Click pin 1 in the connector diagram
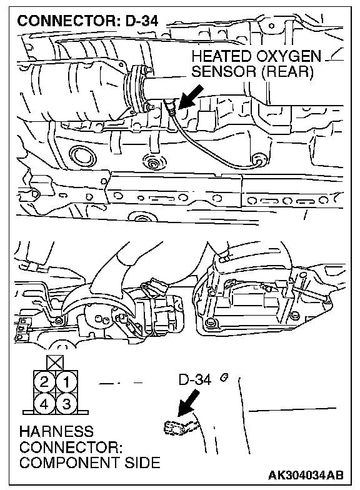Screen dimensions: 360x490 pos(66,381)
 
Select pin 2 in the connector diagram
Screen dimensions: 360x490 pos(44,381)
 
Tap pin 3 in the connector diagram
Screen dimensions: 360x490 pos(66,404)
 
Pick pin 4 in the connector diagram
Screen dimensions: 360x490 pos(44,404)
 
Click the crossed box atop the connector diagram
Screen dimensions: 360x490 pos(55,363)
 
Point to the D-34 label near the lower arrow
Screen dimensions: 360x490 pos(195,379)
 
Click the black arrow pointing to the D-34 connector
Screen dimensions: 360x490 pos(189,402)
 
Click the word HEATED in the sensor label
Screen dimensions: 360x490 pos(221,56)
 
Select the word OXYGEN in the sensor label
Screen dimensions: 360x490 pos(289,56)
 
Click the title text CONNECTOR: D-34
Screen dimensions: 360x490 pos(87,21)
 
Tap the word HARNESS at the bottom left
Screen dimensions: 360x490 pos(56,431)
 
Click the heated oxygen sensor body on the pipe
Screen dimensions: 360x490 pos(171,107)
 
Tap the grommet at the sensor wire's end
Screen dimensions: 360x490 pos(259,160)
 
